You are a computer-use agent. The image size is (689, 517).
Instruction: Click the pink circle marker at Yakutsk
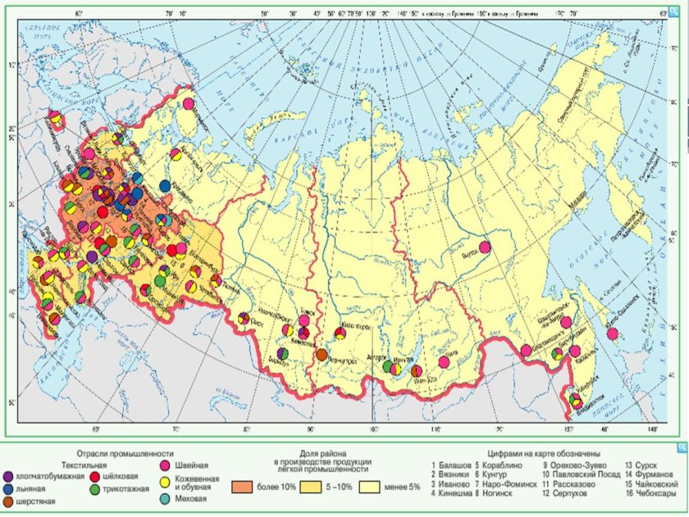click(485, 247)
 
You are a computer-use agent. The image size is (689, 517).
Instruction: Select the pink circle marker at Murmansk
click(188, 104)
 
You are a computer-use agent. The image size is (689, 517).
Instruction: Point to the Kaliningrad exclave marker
click(55, 119)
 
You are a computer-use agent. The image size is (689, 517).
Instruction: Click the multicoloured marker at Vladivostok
click(576, 401)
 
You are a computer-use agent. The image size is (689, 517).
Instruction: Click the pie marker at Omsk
click(244, 318)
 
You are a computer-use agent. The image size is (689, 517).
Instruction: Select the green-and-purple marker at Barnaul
click(282, 353)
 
